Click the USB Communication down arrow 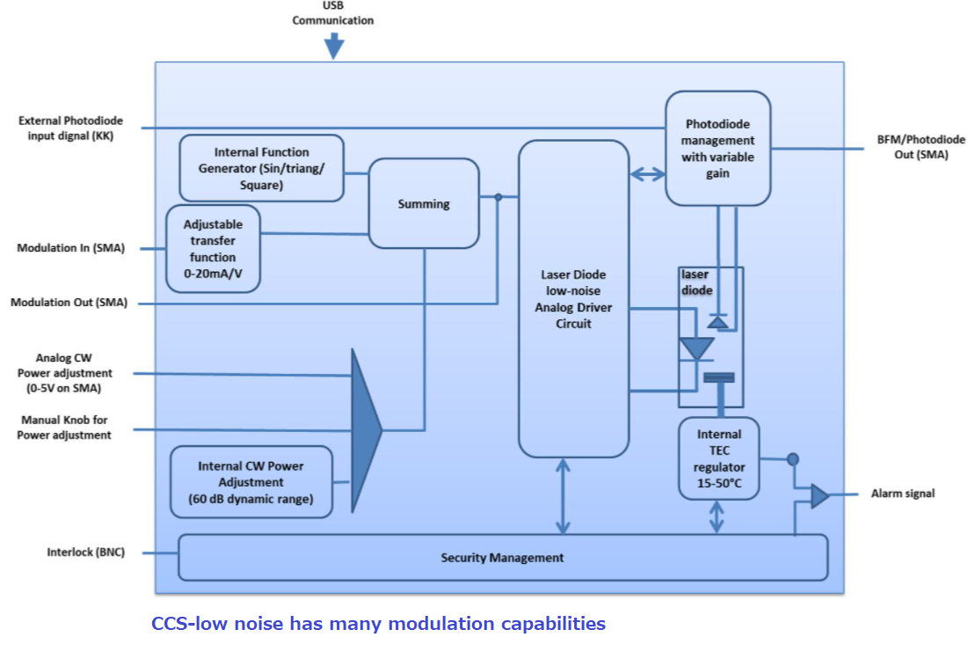[333, 45]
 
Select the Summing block [424, 203]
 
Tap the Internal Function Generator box [261, 168]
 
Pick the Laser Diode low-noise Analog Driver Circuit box [573, 298]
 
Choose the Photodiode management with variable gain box [718, 148]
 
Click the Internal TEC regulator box [718, 458]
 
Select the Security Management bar [502, 557]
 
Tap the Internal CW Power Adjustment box [251, 482]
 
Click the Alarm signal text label [902, 494]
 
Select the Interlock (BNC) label [85, 553]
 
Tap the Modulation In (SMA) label [70, 248]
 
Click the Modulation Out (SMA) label [69, 303]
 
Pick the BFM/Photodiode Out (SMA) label [921, 147]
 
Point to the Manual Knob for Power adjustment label [64, 428]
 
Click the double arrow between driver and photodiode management [648, 175]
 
